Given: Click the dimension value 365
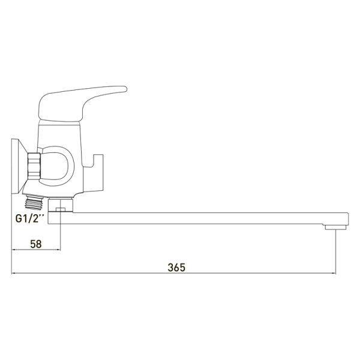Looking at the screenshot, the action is point(176,268).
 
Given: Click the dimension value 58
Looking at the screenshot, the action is point(36,244).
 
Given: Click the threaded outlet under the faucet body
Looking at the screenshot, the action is point(35,202).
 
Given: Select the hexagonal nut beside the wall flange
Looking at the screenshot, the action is point(34,166).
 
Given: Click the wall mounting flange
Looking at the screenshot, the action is point(19,166).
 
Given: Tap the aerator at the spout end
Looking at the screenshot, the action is point(335,227).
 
